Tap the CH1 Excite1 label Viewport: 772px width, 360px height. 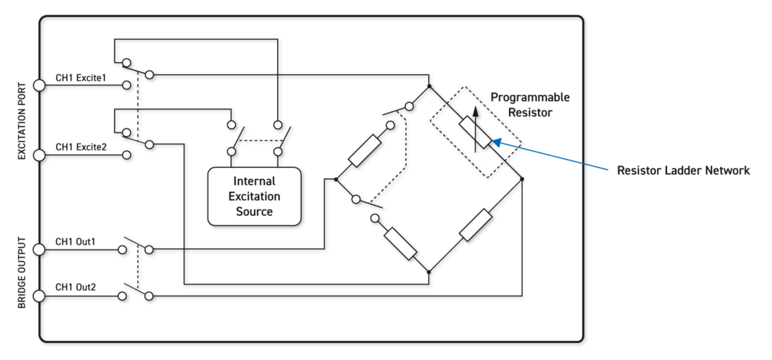click(x=81, y=78)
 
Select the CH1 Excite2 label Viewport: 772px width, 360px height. click(x=81, y=147)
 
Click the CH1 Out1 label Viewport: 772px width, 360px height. click(x=76, y=242)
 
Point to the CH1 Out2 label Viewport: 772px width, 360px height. click(x=76, y=288)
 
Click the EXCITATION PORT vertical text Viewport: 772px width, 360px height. click(x=22, y=121)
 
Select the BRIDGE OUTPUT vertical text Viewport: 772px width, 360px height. click(x=22, y=273)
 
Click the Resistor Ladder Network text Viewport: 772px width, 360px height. click(x=684, y=170)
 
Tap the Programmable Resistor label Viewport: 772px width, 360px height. click(x=529, y=105)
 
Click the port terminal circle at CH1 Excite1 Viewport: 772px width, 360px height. click(x=39, y=86)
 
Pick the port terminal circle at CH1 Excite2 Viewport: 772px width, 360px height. click(x=39, y=155)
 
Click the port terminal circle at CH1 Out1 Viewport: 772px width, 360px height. click(x=39, y=250)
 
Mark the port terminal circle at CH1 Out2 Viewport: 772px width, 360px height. click(x=39, y=296)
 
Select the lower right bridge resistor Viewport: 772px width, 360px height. click(x=476, y=226)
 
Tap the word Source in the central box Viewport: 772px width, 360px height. click(x=254, y=211)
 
